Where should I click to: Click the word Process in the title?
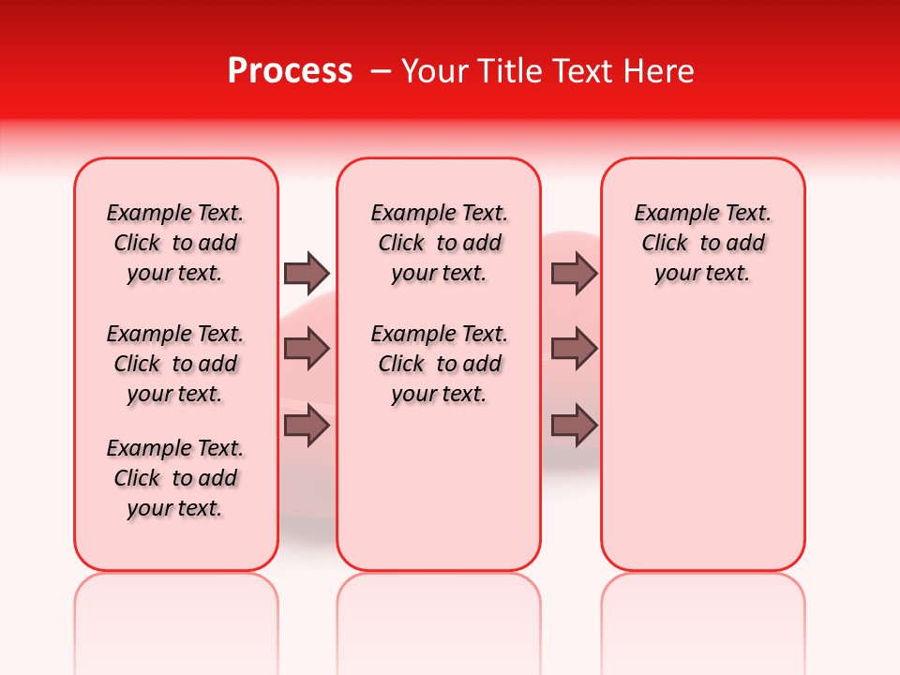(290, 71)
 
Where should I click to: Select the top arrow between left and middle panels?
(307, 274)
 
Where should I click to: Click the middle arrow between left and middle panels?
(307, 350)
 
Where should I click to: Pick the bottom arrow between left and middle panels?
(307, 426)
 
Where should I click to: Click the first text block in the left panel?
(175, 243)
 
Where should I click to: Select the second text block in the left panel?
(175, 364)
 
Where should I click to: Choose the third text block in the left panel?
(175, 478)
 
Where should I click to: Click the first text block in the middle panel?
(439, 243)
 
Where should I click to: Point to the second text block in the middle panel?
(439, 364)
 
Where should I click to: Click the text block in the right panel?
(703, 243)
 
